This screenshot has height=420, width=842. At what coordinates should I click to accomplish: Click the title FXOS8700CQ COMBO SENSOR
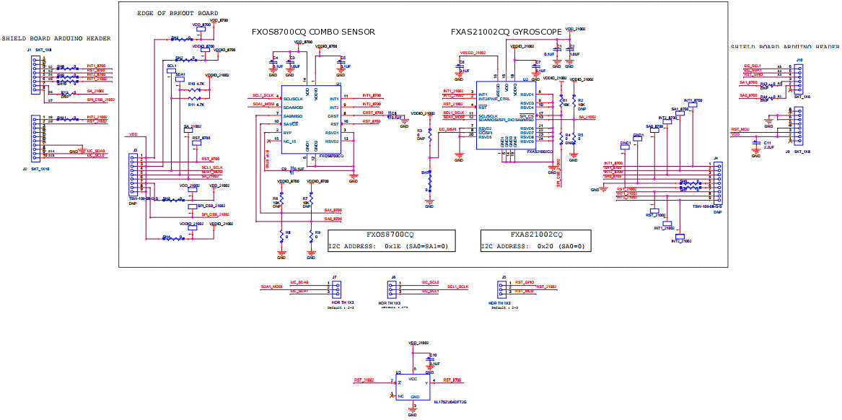pyautogui.click(x=312, y=32)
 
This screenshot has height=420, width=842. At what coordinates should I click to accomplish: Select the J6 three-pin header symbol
pyautogui.click(x=393, y=287)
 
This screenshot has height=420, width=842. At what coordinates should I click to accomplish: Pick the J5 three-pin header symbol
pyautogui.click(x=504, y=287)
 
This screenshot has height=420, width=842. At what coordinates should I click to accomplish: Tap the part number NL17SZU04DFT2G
pyautogui.click(x=450, y=402)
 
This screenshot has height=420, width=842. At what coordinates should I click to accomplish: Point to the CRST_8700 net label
pyautogui.click(x=373, y=113)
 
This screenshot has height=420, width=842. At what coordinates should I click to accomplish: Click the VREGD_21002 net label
pyautogui.click(x=473, y=53)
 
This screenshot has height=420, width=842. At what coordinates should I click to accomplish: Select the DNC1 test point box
pyautogui.click(x=625, y=144)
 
